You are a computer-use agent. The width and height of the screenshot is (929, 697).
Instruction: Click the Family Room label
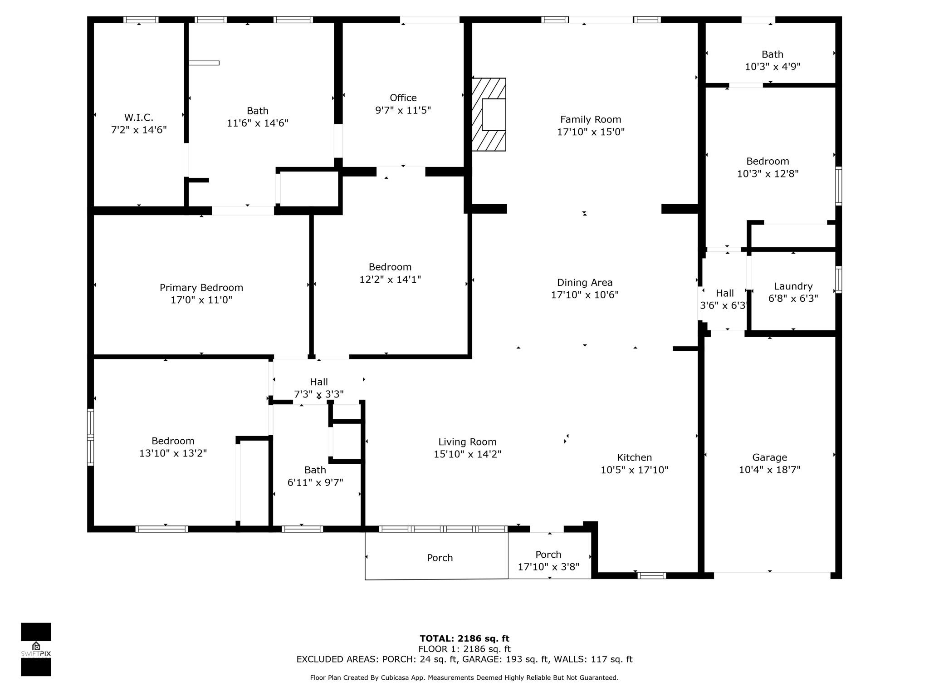(590, 119)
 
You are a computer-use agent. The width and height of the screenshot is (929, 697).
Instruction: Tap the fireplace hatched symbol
(489, 114)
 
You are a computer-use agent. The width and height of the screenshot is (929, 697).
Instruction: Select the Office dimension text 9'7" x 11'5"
(403, 110)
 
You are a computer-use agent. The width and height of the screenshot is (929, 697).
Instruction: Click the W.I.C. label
(138, 118)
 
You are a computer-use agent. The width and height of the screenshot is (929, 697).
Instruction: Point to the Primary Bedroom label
(201, 288)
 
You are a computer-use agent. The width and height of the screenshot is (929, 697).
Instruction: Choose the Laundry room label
(793, 286)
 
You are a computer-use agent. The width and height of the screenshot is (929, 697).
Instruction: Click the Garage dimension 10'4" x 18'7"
(769, 470)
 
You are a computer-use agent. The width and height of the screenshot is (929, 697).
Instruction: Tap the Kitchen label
(634, 457)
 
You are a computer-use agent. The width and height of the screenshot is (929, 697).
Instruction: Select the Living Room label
(467, 442)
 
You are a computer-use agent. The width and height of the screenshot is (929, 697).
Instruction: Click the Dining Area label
(585, 283)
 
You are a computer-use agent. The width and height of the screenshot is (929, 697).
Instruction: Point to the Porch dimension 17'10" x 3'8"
(548, 567)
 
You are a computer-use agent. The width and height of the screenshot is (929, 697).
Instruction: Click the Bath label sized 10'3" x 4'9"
(772, 54)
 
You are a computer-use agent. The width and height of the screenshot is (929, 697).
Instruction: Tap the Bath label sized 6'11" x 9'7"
(315, 470)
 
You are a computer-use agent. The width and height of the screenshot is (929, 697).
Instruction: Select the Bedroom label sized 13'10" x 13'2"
(173, 441)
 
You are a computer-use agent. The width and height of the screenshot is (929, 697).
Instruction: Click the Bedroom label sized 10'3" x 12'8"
(768, 162)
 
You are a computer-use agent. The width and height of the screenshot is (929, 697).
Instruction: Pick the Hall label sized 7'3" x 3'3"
(319, 382)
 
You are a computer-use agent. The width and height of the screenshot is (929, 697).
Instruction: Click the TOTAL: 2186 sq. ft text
(464, 639)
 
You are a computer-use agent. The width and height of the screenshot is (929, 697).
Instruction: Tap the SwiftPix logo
(36, 649)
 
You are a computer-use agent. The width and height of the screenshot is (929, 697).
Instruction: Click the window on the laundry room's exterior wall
(839, 280)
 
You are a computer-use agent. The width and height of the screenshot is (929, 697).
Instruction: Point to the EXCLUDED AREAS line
(464, 659)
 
